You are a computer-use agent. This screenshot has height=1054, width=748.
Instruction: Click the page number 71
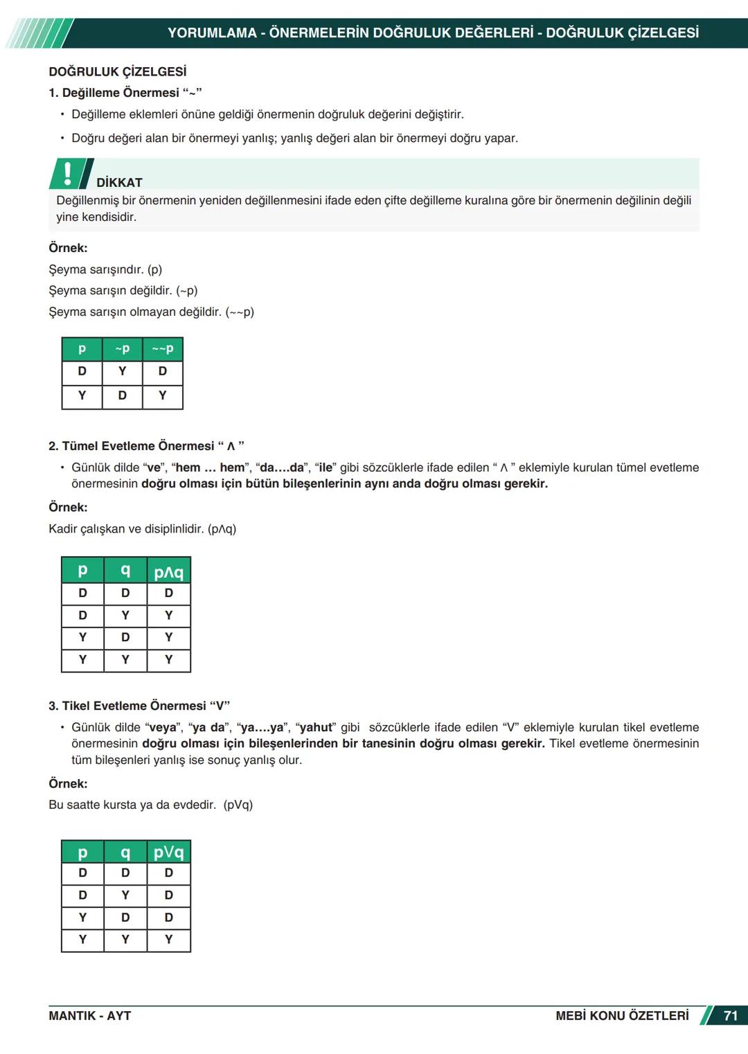click(x=730, y=1016)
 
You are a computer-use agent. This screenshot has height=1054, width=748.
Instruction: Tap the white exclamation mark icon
click(x=67, y=173)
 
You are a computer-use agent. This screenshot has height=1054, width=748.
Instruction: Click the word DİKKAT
click(x=119, y=182)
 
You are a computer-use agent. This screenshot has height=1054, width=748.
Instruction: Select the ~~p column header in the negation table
click(x=163, y=349)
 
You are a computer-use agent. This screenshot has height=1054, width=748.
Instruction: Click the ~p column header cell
click(x=122, y=349)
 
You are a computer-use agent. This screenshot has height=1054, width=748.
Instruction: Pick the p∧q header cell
click(x=168, y=571)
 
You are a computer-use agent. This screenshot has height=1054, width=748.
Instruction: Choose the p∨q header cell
click(x=168, y=852)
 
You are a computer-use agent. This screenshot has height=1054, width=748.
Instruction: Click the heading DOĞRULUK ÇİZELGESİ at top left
click(x=117, y=72)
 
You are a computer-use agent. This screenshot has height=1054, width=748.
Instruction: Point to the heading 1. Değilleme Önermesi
click(x=125, y=93)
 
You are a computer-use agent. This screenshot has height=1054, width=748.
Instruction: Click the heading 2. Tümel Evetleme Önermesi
click(x=145, y=446)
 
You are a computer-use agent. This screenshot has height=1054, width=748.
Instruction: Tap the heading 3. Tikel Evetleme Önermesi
click(x=139, y=706)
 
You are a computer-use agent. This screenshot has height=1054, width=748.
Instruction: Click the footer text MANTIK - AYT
click(x=89, y=1016)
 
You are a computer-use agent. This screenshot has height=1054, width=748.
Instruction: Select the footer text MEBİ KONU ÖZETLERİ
click(x=622, y=1016)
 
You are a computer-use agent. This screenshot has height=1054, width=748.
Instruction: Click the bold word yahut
click(x=316, y=727)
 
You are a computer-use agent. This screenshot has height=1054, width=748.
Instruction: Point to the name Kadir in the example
click(x=63, y=529)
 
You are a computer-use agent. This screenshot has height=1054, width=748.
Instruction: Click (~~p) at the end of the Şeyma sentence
click(x=240, y=312)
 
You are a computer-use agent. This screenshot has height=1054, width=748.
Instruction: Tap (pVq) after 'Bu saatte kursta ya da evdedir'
click(x=238, y=805)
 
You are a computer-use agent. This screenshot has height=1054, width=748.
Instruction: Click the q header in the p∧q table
click(x=125, y=571)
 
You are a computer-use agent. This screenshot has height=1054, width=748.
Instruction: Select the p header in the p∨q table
click(x=82, y=852)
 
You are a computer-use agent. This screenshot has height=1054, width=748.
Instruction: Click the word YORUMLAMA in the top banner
click(x=212, y=33)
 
